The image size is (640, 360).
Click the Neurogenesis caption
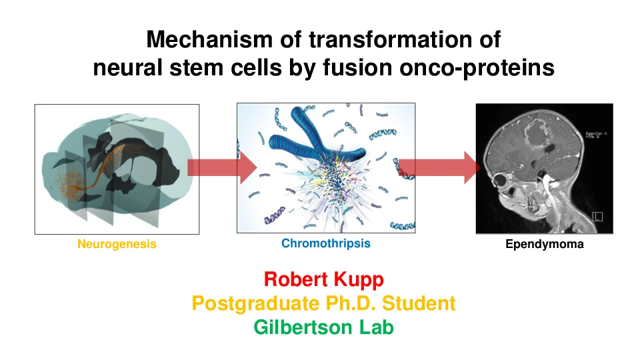pos(117,244)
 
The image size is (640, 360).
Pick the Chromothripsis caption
pos(325,243)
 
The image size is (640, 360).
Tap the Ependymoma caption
pos(544,244)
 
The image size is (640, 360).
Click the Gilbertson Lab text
pos(323,328)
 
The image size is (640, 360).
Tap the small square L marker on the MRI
pos(597,217)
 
